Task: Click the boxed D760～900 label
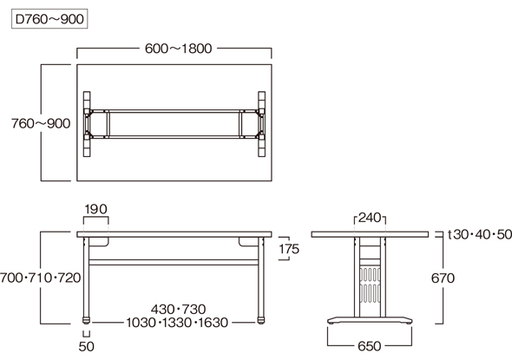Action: coord(49,19)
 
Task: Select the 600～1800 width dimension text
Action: coord(178,49)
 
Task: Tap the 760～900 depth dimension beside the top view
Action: coord(41,123)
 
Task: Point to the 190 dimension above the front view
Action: coord(95,209)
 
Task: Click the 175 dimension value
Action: coord(289,249)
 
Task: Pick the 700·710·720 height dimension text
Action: coord(40,278)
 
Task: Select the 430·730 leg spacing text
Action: coord(178,309)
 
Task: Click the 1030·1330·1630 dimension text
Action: coord(177,323)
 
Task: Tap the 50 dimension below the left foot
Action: coord(86,346)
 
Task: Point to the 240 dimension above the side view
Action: coord(370,218)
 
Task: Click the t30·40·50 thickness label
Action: coord(480,234)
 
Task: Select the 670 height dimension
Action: coord(443,278)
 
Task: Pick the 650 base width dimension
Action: coord(370,346)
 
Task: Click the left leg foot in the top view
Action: coord(87,124)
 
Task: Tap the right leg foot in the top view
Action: coord(261,124)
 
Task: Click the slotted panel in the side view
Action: coord(370,285)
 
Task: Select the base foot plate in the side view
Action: coord(370,320)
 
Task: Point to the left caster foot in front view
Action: coord(86,320)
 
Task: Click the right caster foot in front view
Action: coord(261,320)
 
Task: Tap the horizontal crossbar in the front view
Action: coord(174,263)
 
